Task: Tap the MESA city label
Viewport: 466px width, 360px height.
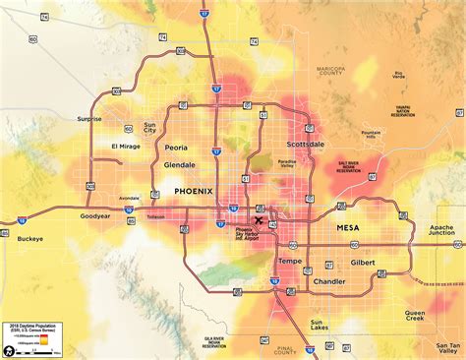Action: click(337, 228)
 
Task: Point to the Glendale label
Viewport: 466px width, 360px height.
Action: click(179, 165)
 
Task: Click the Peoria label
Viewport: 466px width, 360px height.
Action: click(176, 147)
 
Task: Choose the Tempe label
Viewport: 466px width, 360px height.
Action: click(290, 261)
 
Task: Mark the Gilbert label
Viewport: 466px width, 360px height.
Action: click(362, 264)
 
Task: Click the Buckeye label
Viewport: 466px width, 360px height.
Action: click(30, 238)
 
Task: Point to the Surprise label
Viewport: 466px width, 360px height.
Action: click(89, 119)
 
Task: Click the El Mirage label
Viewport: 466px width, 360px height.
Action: click(126, 147)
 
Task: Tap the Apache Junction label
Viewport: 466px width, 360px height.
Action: click(441, 229)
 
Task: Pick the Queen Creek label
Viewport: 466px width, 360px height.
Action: click(414, 317)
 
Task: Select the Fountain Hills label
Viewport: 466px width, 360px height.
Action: click(371, 135)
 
